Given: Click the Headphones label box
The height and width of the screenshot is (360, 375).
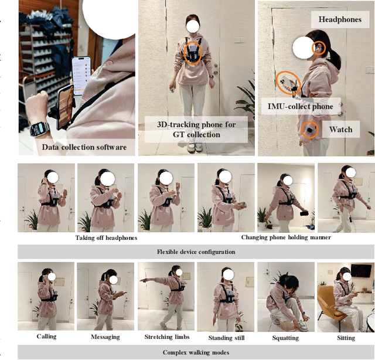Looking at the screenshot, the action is coord(340,19).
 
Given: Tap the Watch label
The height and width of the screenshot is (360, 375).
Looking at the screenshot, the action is coord(341,129).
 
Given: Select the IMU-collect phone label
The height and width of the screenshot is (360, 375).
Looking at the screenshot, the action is coord(301,106).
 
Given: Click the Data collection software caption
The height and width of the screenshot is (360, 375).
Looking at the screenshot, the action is coord(84,147).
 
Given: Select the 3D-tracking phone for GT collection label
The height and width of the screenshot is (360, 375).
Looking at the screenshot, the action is coord(196,130).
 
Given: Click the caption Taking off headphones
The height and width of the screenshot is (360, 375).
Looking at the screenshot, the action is coord(106,237).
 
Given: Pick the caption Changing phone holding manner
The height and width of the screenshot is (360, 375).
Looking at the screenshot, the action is coord(286,237).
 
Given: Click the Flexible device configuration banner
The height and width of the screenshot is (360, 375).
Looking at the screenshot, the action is coord(196,252).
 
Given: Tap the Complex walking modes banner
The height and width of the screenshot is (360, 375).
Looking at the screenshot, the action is coord(196,352).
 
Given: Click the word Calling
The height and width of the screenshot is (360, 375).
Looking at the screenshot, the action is coord(47,337).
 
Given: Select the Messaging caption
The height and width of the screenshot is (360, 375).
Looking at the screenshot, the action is coord(105,337).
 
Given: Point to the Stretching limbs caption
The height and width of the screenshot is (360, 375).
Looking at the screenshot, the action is coord(167,337).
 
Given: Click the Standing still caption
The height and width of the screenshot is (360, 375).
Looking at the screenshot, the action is coord(226,338).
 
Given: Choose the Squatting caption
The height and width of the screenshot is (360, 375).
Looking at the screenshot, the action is coord(285,338).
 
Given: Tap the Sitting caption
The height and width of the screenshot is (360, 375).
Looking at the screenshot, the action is coord(346,338).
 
